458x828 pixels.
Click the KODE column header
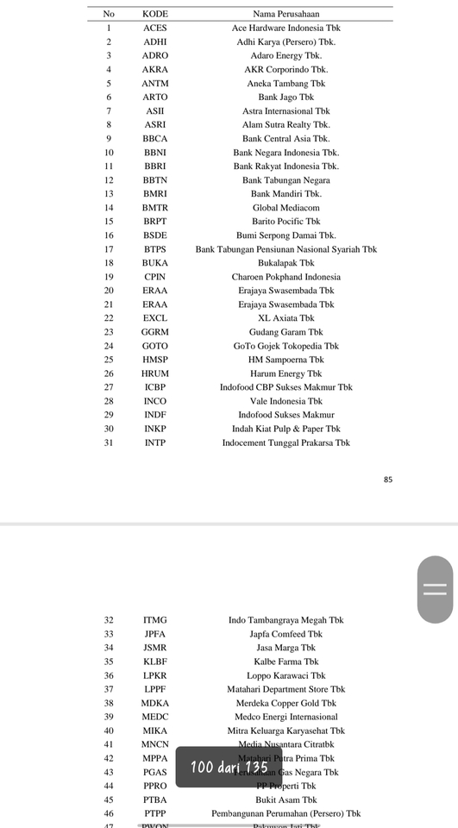pyautogui.click(x=155, y=14)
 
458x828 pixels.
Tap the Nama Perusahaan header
pyautogui.click(x=285, y=14)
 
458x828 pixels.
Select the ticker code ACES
pyautogui.click(x=155, y=28)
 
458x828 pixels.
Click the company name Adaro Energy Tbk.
pyautogui.click(x=285, y=55)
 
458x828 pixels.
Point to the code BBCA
pyautogui.click(x=155, y=138)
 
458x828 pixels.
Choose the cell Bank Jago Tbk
pyautogui.click(x=285, y=97)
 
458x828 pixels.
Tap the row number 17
pyautogui.click(x=109, y=249)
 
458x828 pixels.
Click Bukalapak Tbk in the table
pyautogui.click(x=285, y=263)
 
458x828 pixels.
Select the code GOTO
pyautogui.click(x=155, y=346)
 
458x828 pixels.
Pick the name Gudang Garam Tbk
pyautogui.click(x=285, y=332)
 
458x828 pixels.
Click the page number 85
pyautogui.click(x=388, y=479)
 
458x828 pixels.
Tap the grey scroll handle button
pyautogui.click(x=436, y=589)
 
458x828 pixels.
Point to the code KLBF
pyautogui.click(x=155, y=662)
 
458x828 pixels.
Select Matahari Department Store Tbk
pyautogui.click(x=285, y=689)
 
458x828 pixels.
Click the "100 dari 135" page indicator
pyautogui.click(x=229, y=768)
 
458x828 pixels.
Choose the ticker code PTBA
pyautogui.click(x=155, y=800)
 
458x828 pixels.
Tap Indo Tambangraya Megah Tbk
pyautogui.click(x=285, y=620)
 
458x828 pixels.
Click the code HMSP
pyautogui.click(x=155, y=360)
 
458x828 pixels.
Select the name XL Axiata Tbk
pyautogui.click(x=285, y=318)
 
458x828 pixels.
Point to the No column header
pyautogui.click(x=109, y=14)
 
